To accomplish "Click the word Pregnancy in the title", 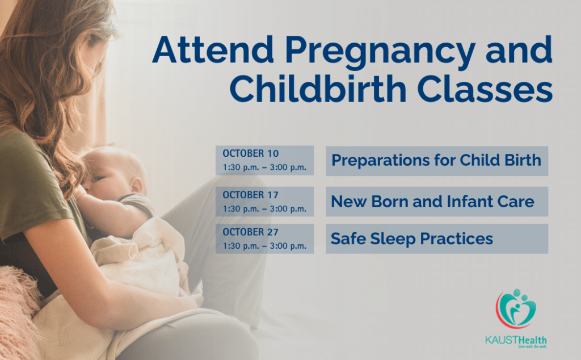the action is click(x=380, y=51).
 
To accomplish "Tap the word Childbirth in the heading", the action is click(x=318, y=89).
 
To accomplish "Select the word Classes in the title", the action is click(x=485, y=89).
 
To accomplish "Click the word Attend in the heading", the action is click(x=213, y=49).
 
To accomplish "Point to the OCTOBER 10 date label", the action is click(x=250, y=153).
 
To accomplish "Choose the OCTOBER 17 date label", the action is click(x=250, y=195).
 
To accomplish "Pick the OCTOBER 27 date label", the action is click(x=250, y=232).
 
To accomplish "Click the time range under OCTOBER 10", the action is click(x=264, y=168).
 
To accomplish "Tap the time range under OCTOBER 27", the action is click(x=264, y=246).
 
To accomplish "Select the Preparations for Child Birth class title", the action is click(x=436, y=160).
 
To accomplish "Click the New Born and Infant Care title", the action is click(x=432, y=202).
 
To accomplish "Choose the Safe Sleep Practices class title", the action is click(x=412, y=238).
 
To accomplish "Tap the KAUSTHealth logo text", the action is click(x=516, y=340).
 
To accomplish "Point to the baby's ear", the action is click(x=137, y=185).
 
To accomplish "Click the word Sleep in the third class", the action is click(x=393, y=239).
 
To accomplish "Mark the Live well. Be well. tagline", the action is click(x=532, y=346).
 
